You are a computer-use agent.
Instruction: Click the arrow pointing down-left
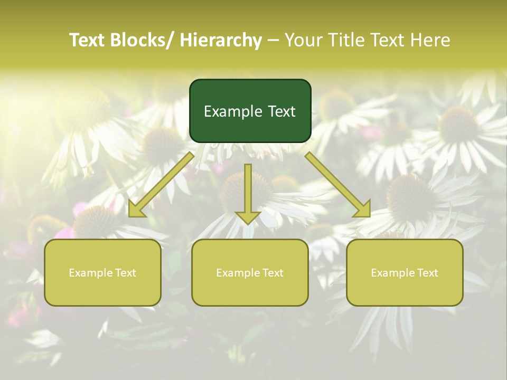click(x=161, y=184)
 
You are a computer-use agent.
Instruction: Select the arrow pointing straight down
click(x=248, y=193)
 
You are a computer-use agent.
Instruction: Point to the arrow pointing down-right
click(x=338, y=184)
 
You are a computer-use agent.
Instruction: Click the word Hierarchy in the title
click(x=221, y=40)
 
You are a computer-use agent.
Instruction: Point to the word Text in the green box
click(x=281, y=111)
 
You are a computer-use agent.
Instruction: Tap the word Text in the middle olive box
click(x=272, y=273)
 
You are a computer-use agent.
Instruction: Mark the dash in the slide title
click(x=273, y=41)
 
